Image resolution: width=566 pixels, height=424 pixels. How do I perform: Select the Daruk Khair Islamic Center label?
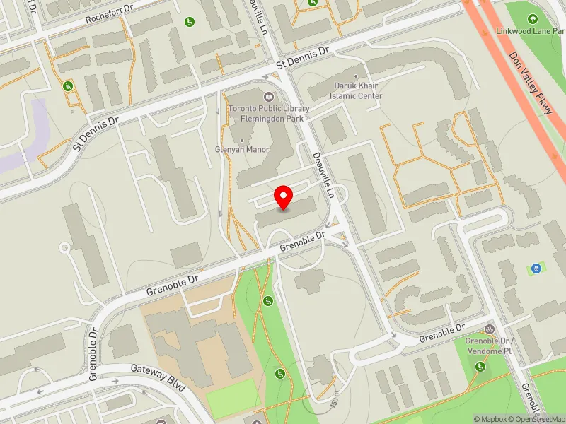[358, 91]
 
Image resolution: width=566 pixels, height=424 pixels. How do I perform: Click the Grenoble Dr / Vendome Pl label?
[488, 346]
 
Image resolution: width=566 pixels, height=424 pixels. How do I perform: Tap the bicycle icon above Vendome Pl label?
[489, 330]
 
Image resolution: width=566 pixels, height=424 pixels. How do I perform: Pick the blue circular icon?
[536, 268]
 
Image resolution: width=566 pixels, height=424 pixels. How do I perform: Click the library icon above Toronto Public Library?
[268, 96]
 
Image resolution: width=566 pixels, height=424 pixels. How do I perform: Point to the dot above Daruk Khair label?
[357, 77]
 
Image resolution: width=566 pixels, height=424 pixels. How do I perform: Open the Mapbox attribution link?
[491, 419]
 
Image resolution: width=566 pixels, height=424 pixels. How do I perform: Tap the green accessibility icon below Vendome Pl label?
[481, 366]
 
